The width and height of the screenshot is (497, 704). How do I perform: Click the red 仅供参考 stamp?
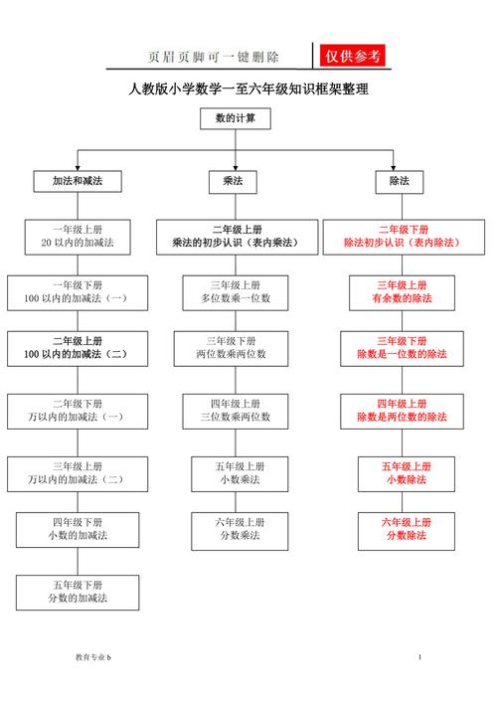(352, 56)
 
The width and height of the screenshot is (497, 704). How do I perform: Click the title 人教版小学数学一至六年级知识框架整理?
(248, 88)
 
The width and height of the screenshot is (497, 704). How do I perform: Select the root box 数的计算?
(236, 118)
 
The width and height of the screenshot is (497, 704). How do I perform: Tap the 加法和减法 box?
(78, 181)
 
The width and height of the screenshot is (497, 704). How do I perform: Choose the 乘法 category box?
(233, 182)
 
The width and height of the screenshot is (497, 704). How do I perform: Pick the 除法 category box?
(400, 182)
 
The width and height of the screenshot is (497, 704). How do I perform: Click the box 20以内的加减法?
(78, 237)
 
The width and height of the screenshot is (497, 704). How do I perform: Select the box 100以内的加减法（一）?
(78, 292)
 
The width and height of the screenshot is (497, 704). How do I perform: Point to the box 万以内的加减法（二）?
(78, 474)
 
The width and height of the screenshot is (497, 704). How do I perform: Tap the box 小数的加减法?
(78, 530)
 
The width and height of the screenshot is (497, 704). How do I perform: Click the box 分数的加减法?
(78, 593)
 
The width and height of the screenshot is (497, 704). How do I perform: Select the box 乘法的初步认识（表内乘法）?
(237, 237)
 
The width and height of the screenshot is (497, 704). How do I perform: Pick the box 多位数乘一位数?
(236, 292)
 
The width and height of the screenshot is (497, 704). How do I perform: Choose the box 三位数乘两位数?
(236, 412)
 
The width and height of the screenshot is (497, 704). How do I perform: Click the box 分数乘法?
(240, 531)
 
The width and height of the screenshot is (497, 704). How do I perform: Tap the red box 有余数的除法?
(402, 292)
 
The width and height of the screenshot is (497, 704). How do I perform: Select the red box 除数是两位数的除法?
(402, 412)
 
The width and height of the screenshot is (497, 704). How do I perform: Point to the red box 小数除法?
(407, 474)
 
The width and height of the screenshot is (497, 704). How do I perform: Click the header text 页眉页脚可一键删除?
(214, 57)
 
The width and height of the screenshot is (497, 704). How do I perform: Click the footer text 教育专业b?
(92, 657)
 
